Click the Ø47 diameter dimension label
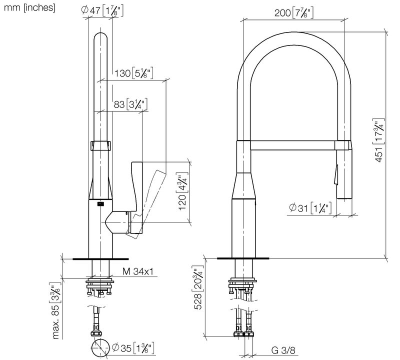click(x=100, y=10)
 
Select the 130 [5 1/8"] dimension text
click(x=133, y=73)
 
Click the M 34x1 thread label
click(x=137, y=272)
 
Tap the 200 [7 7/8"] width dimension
click(x=294, y=13)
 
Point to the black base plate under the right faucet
click(x=243, y=258)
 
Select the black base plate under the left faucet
click(x=100, y=258)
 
